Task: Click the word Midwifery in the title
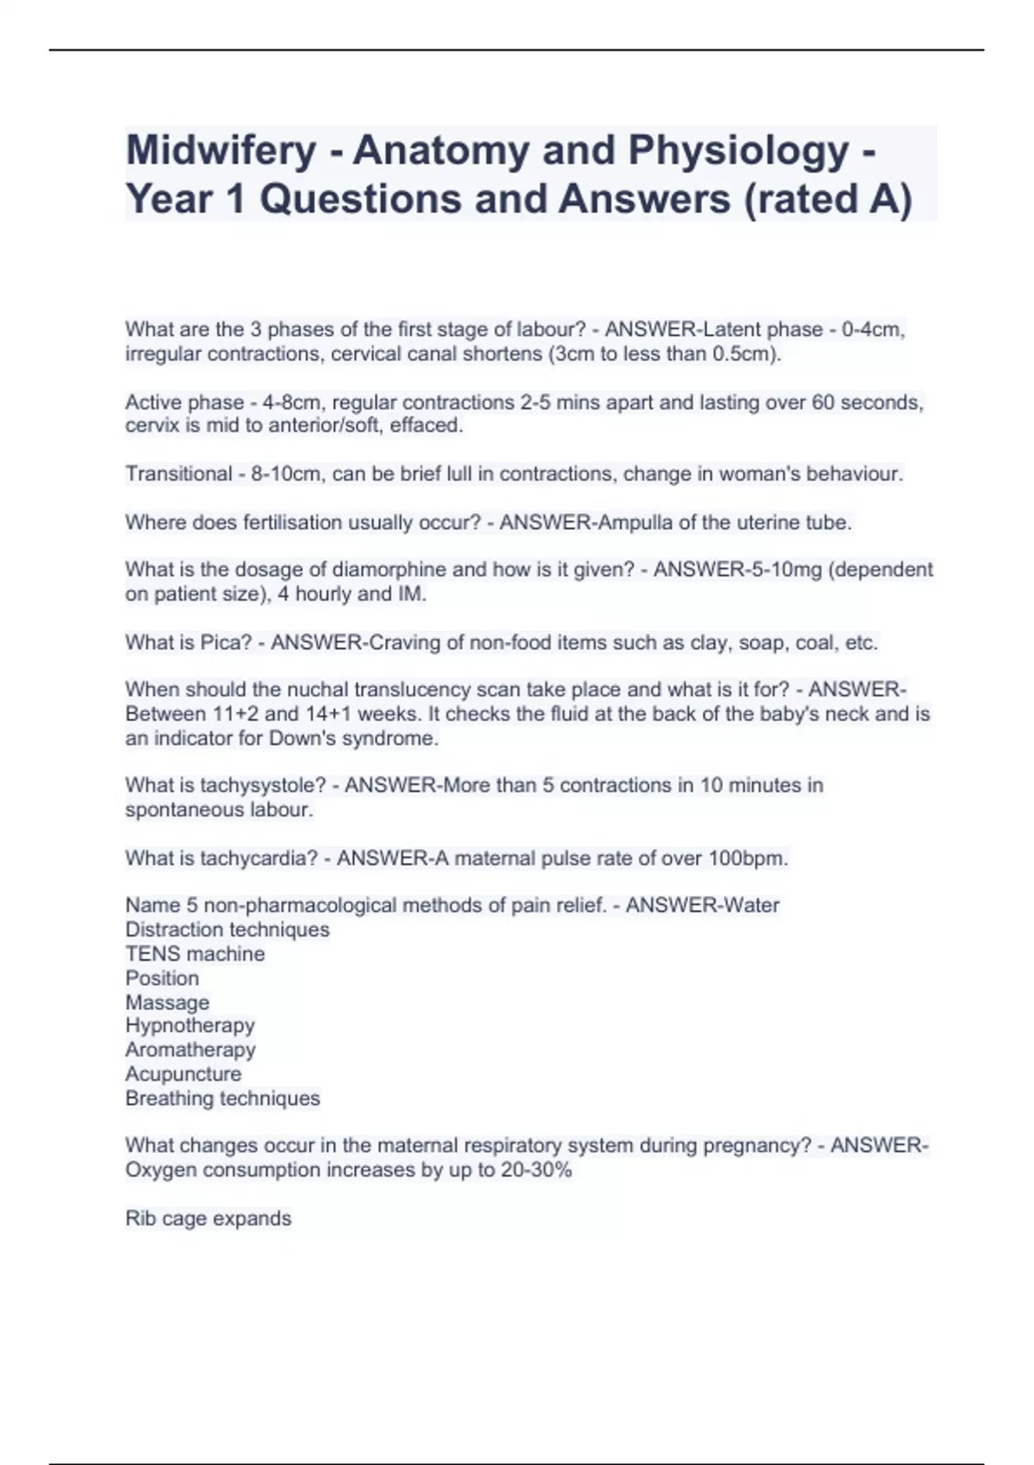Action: (x=221, y=151)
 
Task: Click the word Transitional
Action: (x=178, y=474)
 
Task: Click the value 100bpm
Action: (x=746, y=858)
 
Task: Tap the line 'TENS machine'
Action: (x=195, y=954)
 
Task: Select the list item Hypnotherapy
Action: (x=190, y=1025)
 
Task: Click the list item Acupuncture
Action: (x=183, y=1074)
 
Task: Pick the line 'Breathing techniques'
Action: (x=222, y=1098)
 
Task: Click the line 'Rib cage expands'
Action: (x=208, y=1219)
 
